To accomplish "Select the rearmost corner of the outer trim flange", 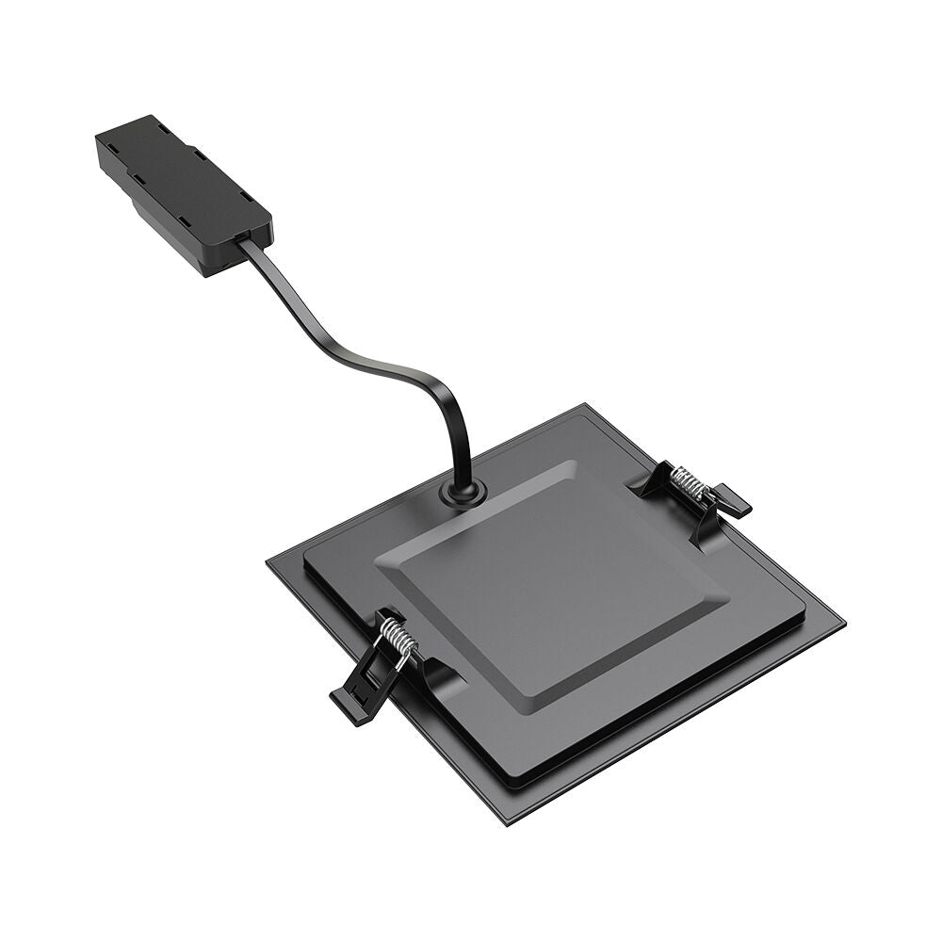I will tap(586, 405).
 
